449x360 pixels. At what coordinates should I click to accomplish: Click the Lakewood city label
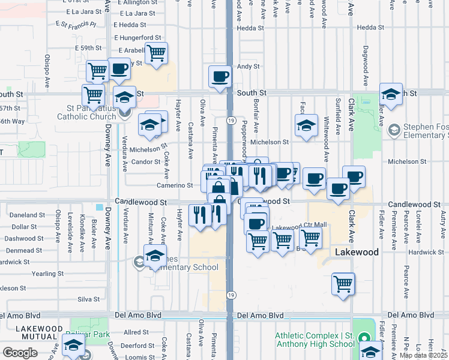pyautogui.click(x=357, y=252)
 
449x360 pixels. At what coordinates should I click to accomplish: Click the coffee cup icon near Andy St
pyautogui.click(x=220, y=76)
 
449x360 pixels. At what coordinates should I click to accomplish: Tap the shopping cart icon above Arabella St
pyautogui.click(x=156, y=53)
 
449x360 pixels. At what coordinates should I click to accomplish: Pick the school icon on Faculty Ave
pyautogui.click(x=306, y=126)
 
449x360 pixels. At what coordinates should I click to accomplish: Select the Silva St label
pyautogui.click(x=88, y=299)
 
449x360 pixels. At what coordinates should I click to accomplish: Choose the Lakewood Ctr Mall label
pyautogui.click(x=300, y=226)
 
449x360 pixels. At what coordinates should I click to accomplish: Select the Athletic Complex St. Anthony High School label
pyautogui.click(x=315, y=340)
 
